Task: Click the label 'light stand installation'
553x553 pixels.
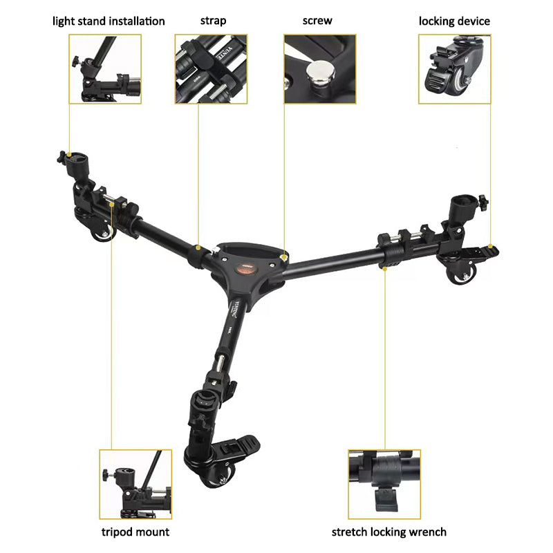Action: pyautogui.click(x=109, y=21)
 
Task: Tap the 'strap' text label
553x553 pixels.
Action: pyautogui.click(x=213, y=21)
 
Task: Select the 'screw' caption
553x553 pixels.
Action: pyautogui.click(x=317, y=21)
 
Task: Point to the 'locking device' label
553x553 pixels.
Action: pyautogui.click(x=454, y=21)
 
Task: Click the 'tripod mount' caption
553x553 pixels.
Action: pyautogui.click(x=135, y=532)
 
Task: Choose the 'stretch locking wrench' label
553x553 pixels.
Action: pyautogui.click(x=388, y=532)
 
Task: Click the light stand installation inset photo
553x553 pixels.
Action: pyautogui.click(x=105, y=69)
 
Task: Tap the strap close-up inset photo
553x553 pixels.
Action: pyautogui.click(x=212, y=69)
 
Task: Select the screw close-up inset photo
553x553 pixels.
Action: pyautogui.click(x=320, y=69)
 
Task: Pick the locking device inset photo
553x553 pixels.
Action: pyautogui.click(x=454, y=69)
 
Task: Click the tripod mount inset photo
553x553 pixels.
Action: pyautogui.click(x=135, y=484)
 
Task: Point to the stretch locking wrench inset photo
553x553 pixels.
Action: pyautogui.click(x=384, y=484)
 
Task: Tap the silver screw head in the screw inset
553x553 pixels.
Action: pyautogui.click(x=321, y=69)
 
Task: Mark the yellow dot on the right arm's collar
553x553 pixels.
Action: pyautogui.click(x=384, y=267)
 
